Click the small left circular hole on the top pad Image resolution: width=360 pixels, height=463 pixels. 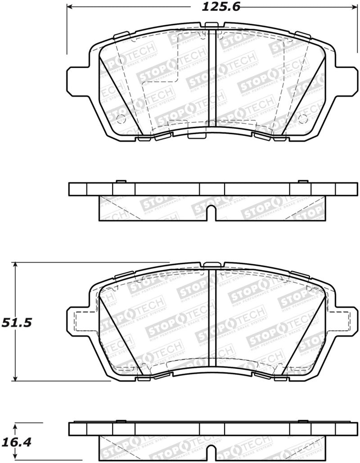coord(120,119)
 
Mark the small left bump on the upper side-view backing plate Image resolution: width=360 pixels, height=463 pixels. coord(120,181)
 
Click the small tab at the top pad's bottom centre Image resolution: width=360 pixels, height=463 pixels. coord(196,136)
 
